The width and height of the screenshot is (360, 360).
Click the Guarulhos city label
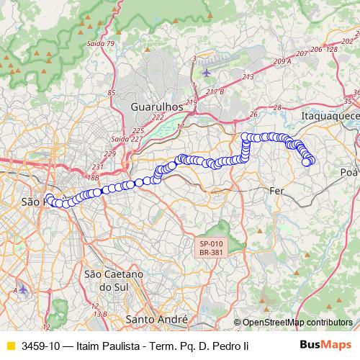[156, 107]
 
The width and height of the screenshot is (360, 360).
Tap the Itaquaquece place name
[330, 114]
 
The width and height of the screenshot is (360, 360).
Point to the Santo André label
[156, 318]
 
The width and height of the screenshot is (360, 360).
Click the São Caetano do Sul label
[114, 280]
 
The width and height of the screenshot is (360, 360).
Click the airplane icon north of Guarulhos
[207, 71]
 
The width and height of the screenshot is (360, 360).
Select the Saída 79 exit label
[101, 43]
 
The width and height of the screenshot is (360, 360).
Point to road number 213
[248, 76]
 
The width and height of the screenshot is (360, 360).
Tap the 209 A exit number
[282, 62]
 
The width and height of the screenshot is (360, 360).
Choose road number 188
[91, 176]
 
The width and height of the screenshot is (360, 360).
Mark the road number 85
[112, 93]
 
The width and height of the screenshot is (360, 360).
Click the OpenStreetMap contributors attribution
[297, 323]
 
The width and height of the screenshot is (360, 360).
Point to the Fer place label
[276, 191]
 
